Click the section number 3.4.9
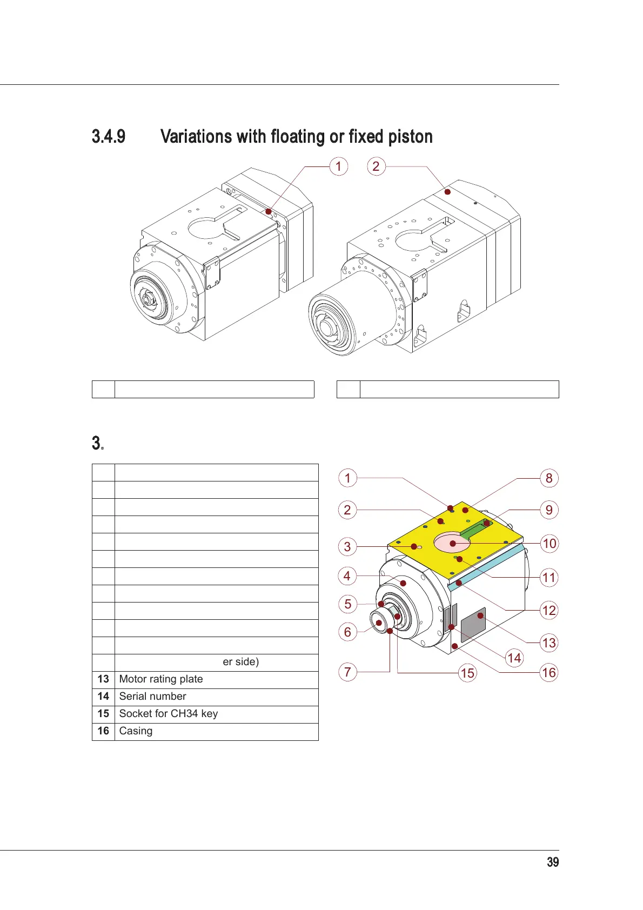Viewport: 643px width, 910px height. tap(109, 136)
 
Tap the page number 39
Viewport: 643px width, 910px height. tap(552, 862)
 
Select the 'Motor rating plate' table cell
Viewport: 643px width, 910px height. tap(216, 679)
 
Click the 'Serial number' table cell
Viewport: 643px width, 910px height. tap(216, 697)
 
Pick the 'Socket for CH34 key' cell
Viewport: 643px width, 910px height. tap(216, 714)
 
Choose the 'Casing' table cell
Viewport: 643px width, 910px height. tap(216, 731)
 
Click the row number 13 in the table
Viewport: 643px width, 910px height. tap(103, 679)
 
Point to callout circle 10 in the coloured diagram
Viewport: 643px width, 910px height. tap(549, 544)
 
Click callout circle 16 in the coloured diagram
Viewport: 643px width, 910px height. tap(549, 673)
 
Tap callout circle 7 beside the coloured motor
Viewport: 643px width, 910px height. tap(347, 672)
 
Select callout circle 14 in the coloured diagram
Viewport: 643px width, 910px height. tap(514, 658)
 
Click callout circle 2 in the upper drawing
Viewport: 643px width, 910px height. tap(376, 166)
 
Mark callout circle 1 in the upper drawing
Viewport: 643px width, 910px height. tap(339, 166)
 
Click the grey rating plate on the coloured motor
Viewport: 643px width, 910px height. tap(473, 625)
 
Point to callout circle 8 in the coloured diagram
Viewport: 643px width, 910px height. tap(549, 478)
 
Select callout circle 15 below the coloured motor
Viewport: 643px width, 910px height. tap(467, 673)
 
